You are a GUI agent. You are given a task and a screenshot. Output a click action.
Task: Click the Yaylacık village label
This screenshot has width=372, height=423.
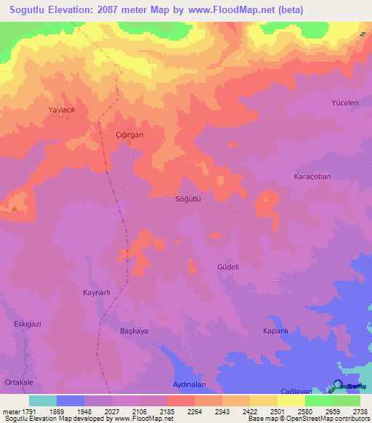(x=62, y=108)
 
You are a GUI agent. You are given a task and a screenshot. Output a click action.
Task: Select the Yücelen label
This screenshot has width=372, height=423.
(x=345, y=103)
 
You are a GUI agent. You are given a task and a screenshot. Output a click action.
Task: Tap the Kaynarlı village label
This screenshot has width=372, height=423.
(x=95, y=292)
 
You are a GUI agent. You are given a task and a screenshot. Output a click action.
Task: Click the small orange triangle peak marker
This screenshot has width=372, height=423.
(x=14, y=209)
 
